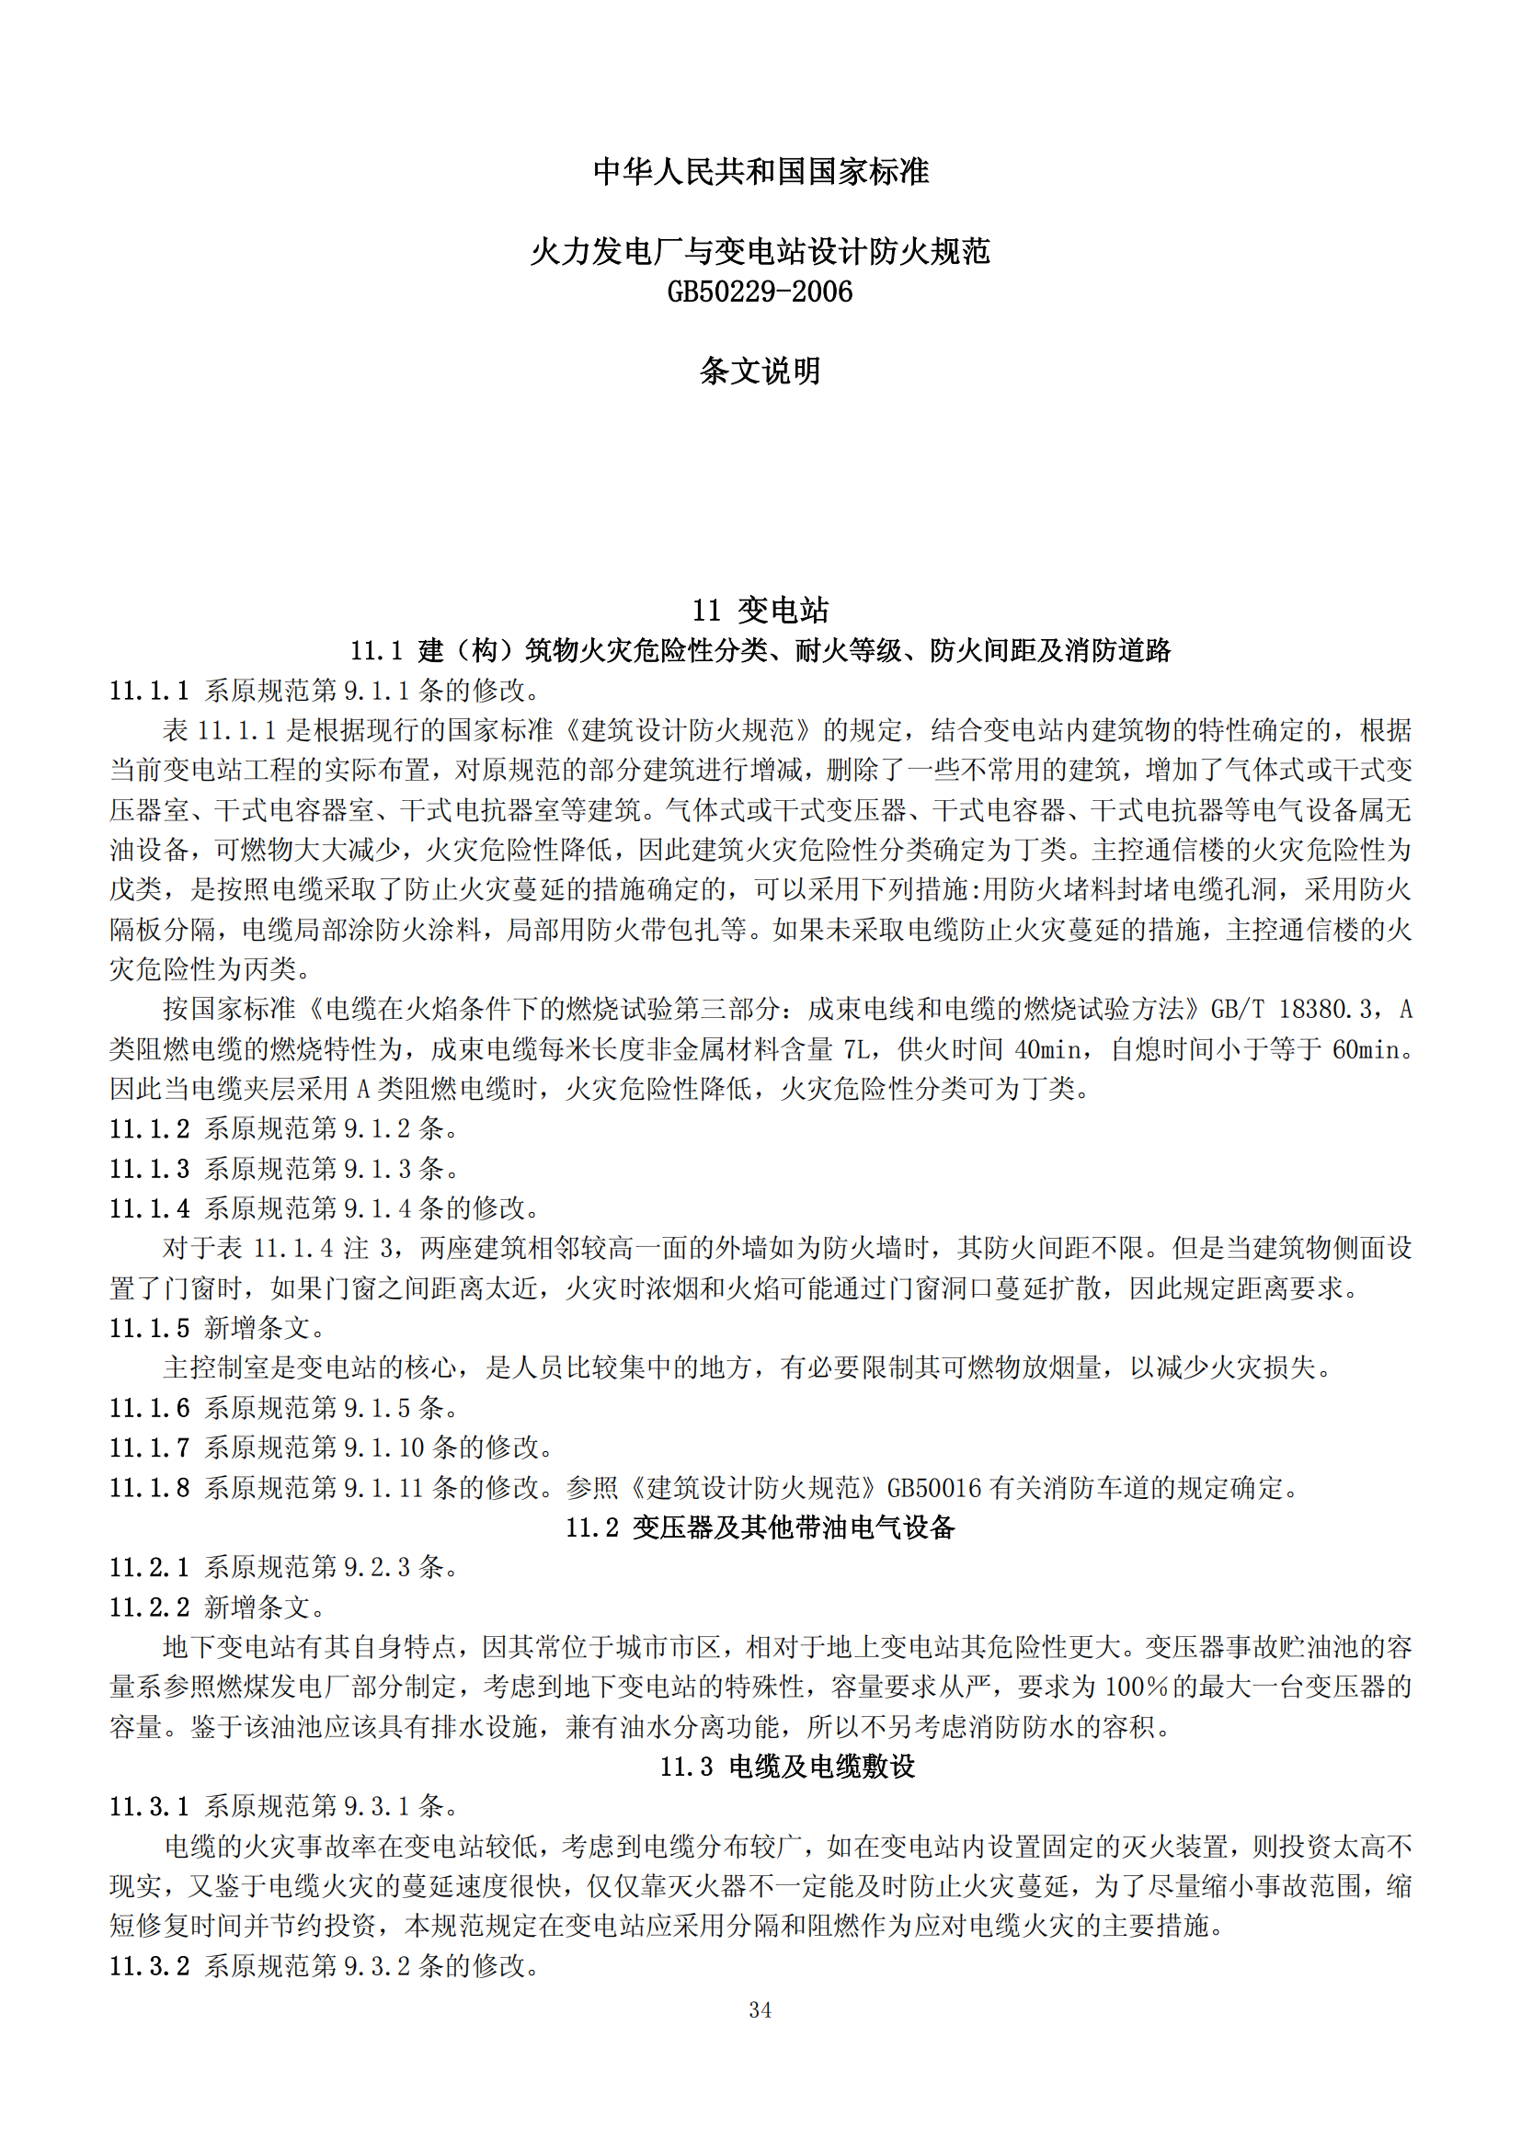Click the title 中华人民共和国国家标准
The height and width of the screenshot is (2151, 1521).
click(x=760, y=171)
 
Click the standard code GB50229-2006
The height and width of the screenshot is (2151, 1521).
click(x=760, y=292)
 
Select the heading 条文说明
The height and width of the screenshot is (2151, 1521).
click(x=760, y=371)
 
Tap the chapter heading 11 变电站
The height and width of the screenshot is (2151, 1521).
click(x=760, y=610)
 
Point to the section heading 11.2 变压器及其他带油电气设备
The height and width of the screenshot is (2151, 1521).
click(x=760, y=1527)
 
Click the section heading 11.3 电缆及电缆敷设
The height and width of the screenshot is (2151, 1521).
click(x=787, y=1766)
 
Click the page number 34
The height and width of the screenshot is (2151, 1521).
click(x=760, y=2009)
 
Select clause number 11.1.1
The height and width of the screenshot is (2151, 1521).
click(x=149, y=691)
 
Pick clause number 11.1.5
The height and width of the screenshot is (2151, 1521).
click(x=149, y=1328)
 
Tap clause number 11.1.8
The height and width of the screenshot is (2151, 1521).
click(x=149, y=1488)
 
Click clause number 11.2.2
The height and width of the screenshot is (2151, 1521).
click(x=149, y=1608)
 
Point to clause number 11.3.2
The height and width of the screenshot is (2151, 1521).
click(x=149, y=1965)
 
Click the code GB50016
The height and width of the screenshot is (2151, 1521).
click(x=933, y=1488)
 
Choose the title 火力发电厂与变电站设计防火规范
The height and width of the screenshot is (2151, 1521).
click(x=760, y=251)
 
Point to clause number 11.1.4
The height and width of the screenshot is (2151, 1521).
click(x=149, y=1208)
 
